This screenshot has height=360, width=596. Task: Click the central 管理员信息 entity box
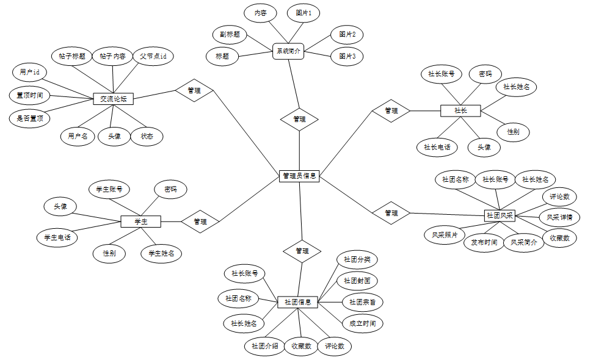tap(299, 176)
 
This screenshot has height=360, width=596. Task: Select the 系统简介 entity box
tap(289, 51)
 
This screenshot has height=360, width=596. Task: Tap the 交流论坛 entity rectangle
tap(113, 98)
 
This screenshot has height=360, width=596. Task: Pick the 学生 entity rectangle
tap(140, 221)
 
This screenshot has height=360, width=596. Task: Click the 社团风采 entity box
tap(500, 215)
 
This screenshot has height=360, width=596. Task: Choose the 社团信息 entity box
tap(298, 301)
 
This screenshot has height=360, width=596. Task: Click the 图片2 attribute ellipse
tap(346, 34)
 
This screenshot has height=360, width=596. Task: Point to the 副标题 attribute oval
tap(230, 35)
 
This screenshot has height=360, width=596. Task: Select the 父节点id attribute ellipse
tap(153, 56)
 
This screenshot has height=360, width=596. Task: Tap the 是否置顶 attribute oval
tap(29, 118)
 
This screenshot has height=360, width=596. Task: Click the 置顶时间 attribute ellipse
tap(29, 95)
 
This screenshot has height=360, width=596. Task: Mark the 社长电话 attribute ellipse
tap(437, 147)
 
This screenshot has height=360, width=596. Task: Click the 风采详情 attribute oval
tap(559, 217)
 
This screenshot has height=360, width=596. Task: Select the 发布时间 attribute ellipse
tap(483, 242)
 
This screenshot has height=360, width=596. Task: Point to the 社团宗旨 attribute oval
tap(362, 301)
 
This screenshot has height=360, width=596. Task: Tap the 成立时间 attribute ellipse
tap(362, 323)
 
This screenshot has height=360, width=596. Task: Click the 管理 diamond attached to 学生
tap(200, 221)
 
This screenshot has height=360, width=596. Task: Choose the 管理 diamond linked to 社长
tap(391, 110)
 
